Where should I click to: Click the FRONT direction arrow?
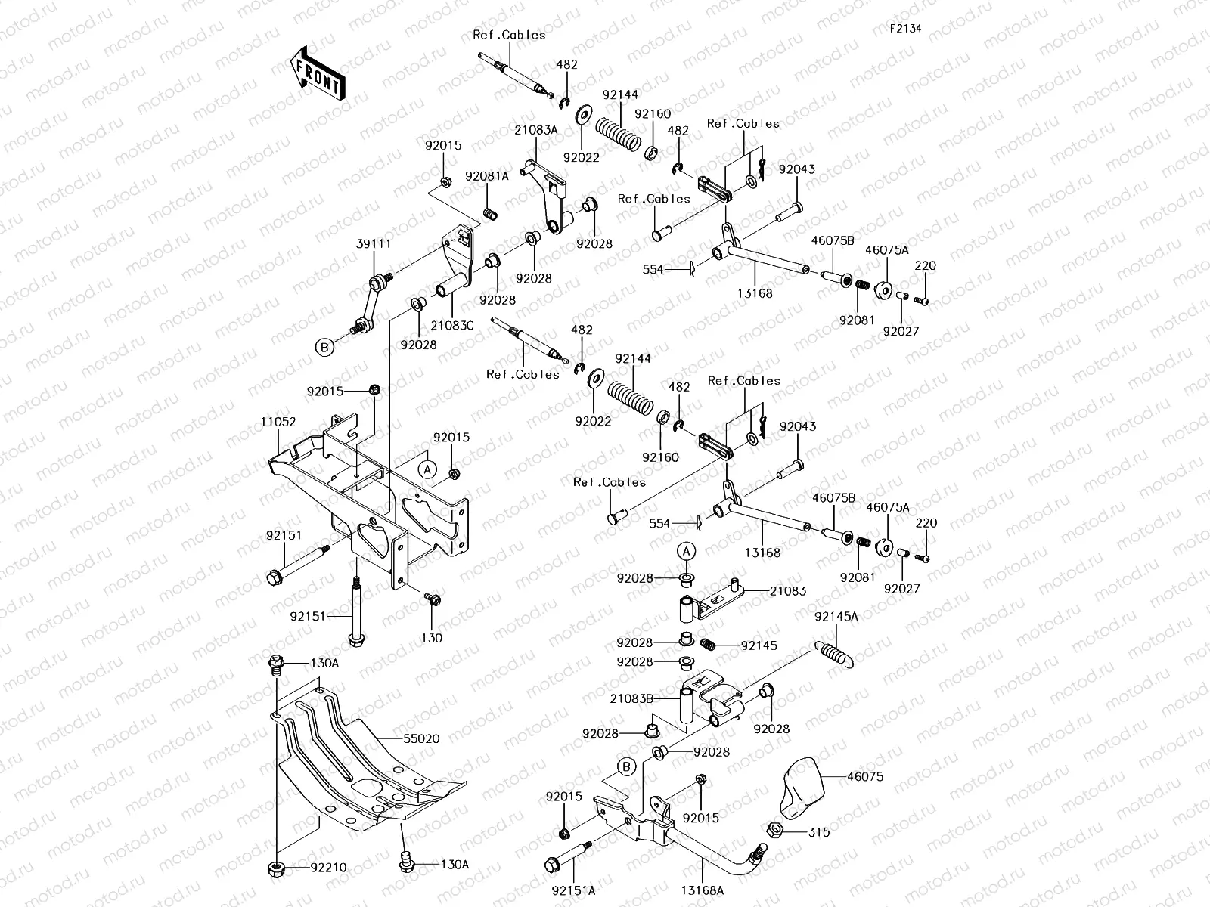tap(317, 76)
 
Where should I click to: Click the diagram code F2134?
tap(905, 29)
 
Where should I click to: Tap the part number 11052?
tap(278, 422)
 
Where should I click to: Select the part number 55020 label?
tap(421, 738)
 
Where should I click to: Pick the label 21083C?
tap(453, 325)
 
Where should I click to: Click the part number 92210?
tap(327, 868)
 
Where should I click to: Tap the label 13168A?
tap(705, 890)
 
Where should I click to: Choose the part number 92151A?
tap(572, 890)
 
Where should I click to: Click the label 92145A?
tap(837, 617)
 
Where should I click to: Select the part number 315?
tap(819, 832)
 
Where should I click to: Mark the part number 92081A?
tap(487, 175)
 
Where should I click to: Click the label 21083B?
tap(631, 699)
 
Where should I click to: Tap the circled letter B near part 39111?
tap(324, 348)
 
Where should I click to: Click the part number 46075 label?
tap(865, 776)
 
